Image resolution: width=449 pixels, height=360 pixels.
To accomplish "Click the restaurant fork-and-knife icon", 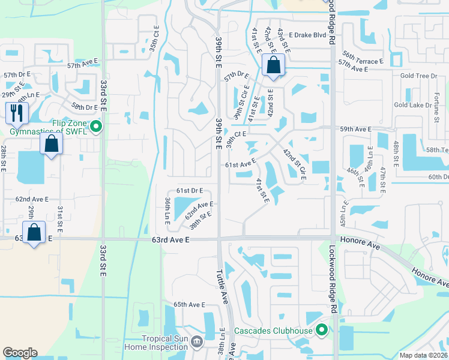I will [17, 112].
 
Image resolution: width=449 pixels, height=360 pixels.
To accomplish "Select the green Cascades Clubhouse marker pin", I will [322, 330].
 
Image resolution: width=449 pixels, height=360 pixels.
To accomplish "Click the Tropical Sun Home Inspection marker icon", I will [199, 341].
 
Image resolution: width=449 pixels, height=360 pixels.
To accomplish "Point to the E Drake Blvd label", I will [310, 35].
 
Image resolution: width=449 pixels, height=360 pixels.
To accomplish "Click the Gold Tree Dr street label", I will [418, 76].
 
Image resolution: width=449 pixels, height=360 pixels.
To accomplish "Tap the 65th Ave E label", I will [189, 305].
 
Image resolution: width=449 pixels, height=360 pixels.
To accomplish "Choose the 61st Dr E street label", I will [190, 190].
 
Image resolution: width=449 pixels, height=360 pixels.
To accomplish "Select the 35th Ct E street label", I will [154, 37].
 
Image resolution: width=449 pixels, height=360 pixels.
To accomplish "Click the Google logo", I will [20, 353].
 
